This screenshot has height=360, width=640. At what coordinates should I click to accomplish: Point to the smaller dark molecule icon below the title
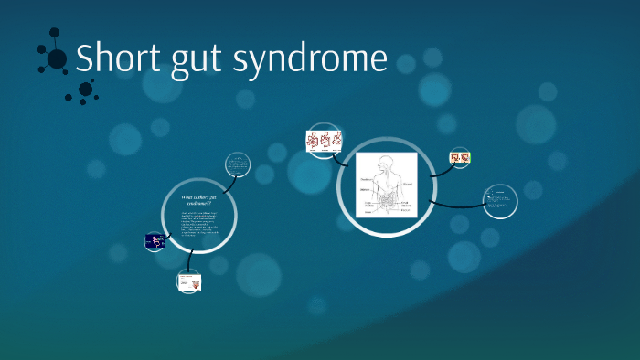pos(86,90)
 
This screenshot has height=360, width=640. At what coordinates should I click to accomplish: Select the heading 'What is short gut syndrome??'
pos(198,200)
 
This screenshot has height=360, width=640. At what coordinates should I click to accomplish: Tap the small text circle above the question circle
pos(238,165)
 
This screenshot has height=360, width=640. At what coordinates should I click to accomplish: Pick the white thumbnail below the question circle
pos(189,282)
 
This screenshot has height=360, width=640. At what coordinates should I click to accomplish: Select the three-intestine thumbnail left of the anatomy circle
pos(324,141)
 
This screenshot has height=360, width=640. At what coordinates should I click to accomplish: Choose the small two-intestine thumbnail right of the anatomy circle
pos(460,158)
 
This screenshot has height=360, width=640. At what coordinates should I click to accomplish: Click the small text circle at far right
pos(500,200)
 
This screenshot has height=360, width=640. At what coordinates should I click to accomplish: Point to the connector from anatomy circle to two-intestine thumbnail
pos(437,165)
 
